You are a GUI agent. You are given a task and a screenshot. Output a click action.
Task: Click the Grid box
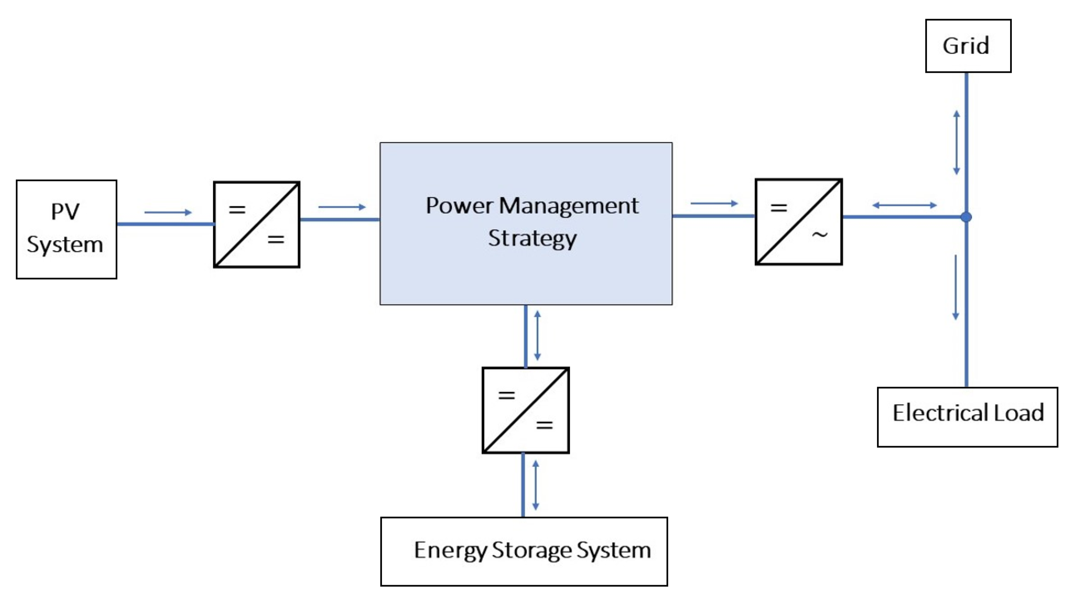click(968, 46)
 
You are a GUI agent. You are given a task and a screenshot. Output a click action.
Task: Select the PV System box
click(66, 229)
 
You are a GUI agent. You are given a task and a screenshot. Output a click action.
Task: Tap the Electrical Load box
click(967, 417)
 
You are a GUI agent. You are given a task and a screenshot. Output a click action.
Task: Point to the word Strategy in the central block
click(532, 238)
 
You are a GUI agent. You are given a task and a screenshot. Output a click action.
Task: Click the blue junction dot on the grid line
click(966, 217)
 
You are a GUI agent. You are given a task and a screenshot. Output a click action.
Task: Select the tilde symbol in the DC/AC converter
click(819, 235)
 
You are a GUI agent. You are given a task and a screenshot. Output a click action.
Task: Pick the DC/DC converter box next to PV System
click(256, 224)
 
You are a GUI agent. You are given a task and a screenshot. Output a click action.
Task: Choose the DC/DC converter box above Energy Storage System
click(525, 410)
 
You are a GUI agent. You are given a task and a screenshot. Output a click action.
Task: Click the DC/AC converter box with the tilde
click(798, 222)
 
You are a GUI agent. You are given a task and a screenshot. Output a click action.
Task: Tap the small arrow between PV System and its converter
click(168, 212)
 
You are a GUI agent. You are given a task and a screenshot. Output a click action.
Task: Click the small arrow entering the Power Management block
click(342, 207)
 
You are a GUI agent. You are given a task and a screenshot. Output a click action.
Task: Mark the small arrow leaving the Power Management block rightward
click(714, 204)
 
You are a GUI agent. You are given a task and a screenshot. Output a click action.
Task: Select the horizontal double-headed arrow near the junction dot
click(904, 205)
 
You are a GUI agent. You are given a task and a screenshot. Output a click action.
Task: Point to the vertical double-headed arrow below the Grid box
click(956, 142)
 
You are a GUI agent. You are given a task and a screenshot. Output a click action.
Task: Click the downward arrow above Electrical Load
click(956, 287)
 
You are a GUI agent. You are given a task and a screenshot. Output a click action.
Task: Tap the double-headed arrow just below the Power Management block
click(537, 335)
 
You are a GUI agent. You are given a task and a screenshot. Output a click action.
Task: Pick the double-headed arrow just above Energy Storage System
click(535, 485)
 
